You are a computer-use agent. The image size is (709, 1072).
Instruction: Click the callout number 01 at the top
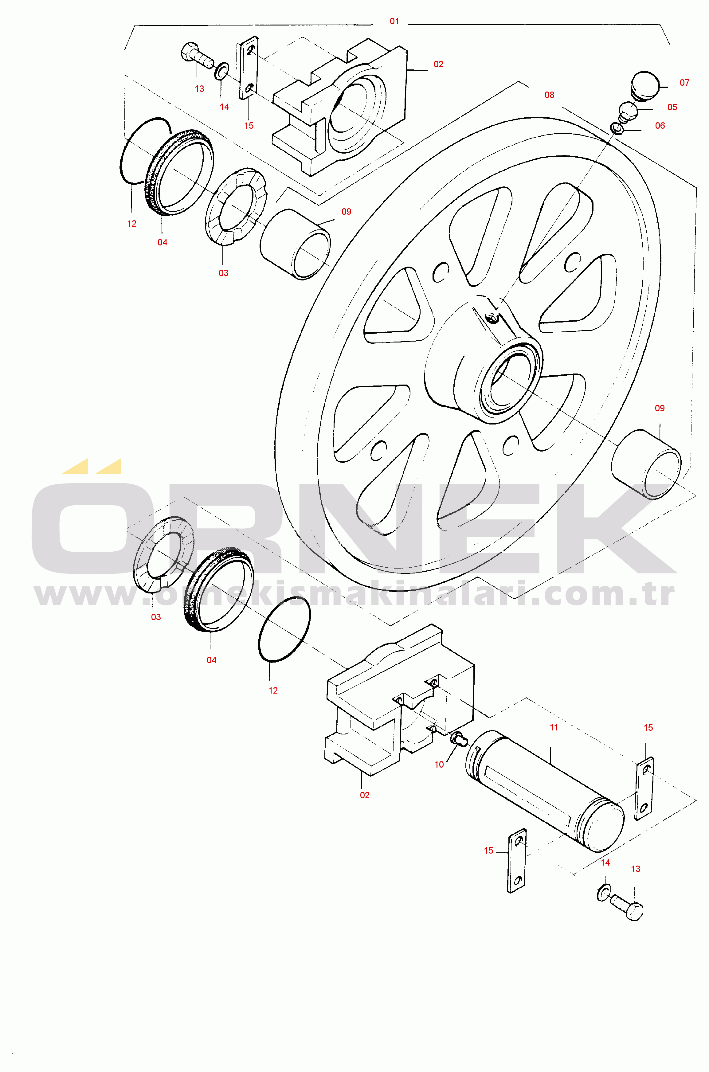(x=394, y=21)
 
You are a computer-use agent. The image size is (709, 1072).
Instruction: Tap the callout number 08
(x=549, y=95)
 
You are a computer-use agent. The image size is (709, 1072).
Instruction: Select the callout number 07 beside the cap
(x=685, y=83)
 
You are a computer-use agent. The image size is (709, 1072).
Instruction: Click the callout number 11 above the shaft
(x=554, y=727)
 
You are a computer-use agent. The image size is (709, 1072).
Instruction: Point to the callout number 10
(x=439, y=765)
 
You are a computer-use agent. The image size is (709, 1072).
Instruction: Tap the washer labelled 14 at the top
(x=221, y=71)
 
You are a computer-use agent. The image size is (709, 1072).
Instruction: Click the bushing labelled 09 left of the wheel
(x=295, y=245)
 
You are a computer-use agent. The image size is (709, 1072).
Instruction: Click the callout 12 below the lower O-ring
(x=273, y=691)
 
